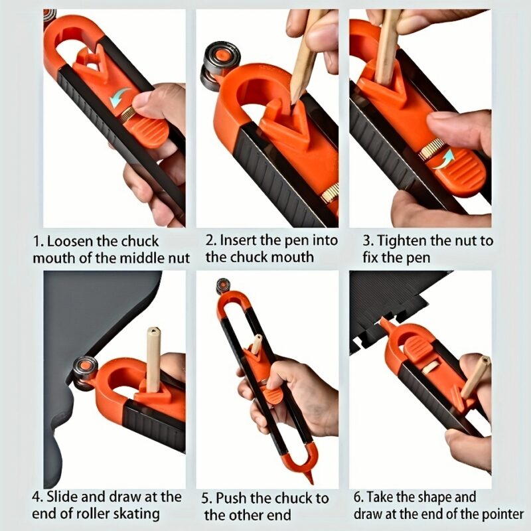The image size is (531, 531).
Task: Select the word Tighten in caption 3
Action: click(x=400, y=240)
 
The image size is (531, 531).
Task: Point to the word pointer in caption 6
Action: click(x=501, y=513)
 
